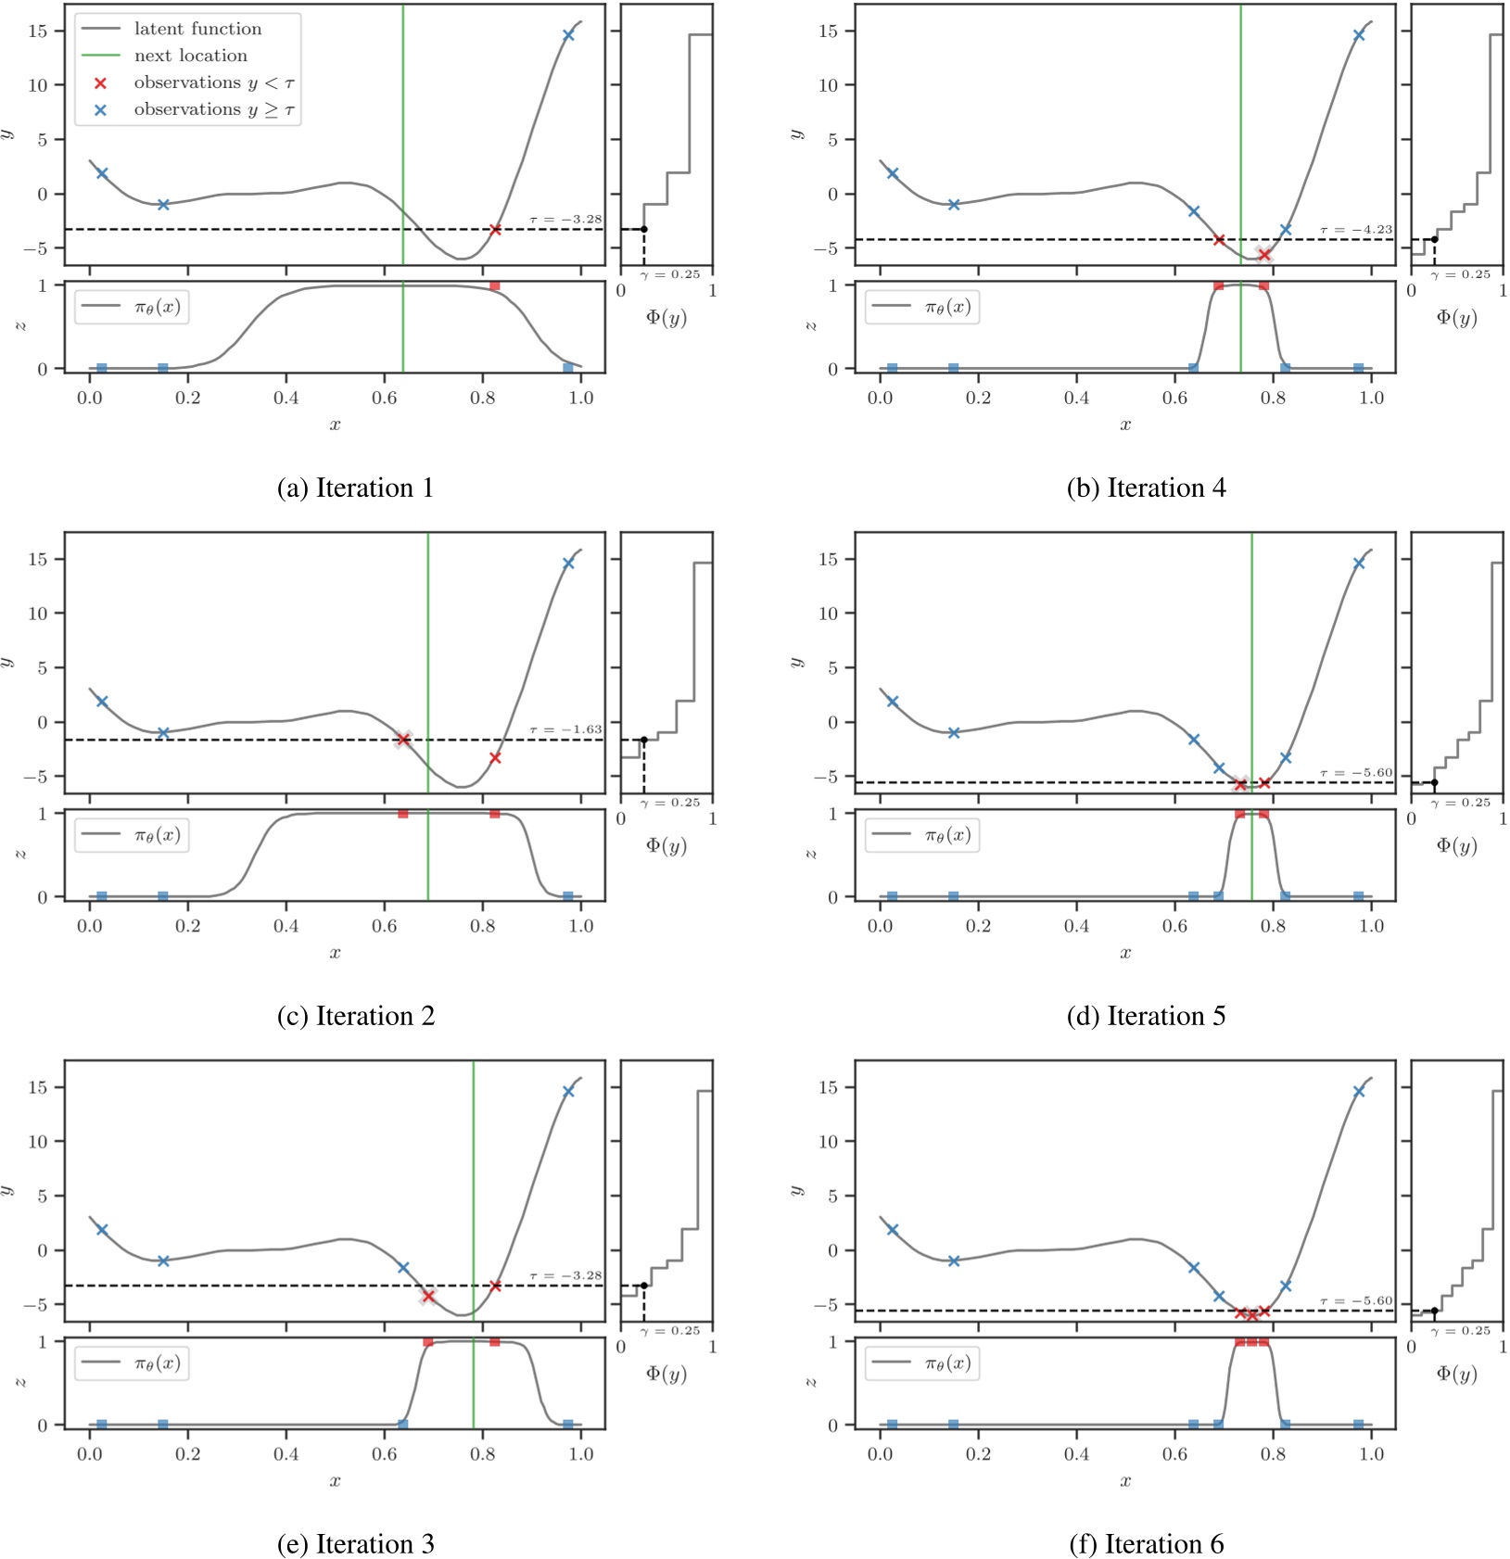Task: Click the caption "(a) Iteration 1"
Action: point(355,488)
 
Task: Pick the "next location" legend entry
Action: point(190,56)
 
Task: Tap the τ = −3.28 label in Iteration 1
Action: point(565,220)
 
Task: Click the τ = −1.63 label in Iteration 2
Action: point(565,729)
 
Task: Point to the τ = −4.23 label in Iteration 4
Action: point(1356,230)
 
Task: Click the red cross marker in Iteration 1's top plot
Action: point(495,229)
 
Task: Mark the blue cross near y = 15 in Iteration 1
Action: point(568,35)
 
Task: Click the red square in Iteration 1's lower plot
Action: point(495,285)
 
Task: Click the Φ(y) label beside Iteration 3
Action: point(666,1374)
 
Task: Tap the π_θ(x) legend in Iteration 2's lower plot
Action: point(133,835)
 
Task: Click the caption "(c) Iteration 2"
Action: point(355,1016)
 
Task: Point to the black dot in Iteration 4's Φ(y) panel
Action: point(1434,239)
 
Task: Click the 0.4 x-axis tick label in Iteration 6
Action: point(1076,1453)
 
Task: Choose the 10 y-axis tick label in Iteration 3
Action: point(37,1141)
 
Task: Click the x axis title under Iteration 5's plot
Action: point(1125,953)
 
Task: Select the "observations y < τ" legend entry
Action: point(213,82)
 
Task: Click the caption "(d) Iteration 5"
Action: point(1146,1016)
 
